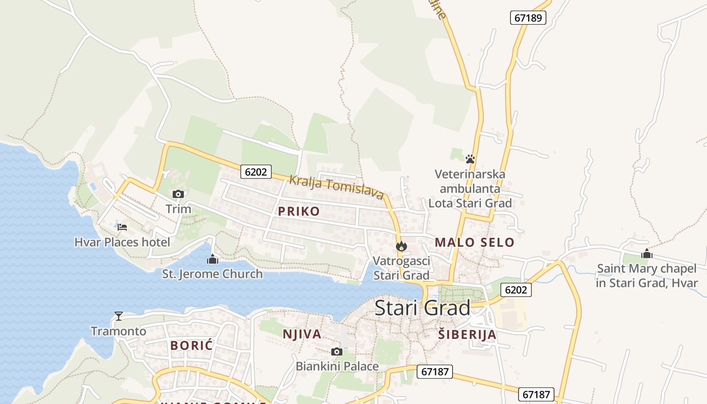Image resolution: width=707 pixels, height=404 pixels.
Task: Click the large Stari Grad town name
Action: point(422,308)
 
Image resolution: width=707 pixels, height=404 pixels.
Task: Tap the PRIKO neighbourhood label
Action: point(299,211)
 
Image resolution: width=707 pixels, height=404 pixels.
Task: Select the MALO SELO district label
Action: point(474,242)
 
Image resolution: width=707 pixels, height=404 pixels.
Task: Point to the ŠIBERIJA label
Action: point(467,334)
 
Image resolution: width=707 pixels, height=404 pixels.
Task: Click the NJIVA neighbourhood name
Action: point(302,334)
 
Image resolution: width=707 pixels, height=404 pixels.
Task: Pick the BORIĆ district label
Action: point(191,345)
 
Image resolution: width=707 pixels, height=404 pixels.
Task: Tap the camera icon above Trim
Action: point(178,194)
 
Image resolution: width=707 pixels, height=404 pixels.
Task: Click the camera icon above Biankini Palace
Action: point(337,351)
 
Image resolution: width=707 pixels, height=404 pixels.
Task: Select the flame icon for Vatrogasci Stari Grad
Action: point(401,246)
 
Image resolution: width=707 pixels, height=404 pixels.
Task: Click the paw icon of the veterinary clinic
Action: point(470,159)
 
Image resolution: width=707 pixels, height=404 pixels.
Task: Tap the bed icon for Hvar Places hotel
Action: point(122,227)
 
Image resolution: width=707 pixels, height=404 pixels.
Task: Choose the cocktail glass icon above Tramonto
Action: point(119,316)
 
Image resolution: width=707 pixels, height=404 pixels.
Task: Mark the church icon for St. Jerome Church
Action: point(213,260)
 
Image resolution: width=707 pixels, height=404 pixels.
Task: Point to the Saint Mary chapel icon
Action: point(647,254)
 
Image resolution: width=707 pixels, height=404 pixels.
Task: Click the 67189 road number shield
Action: point(529,18)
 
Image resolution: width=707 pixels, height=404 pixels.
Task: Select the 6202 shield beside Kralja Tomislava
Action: point(256,172)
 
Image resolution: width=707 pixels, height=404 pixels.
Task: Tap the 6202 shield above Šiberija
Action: point(516,290)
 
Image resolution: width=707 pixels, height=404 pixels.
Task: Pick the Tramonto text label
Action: point(118,331)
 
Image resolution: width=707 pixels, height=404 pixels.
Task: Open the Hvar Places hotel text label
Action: point(122,242)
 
